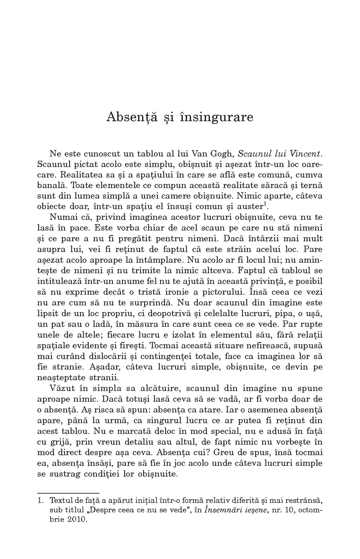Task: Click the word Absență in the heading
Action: click(x=127, y=117)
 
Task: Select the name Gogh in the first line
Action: click(x=222, y=153)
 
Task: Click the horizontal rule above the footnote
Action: click(x=68, y=493)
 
